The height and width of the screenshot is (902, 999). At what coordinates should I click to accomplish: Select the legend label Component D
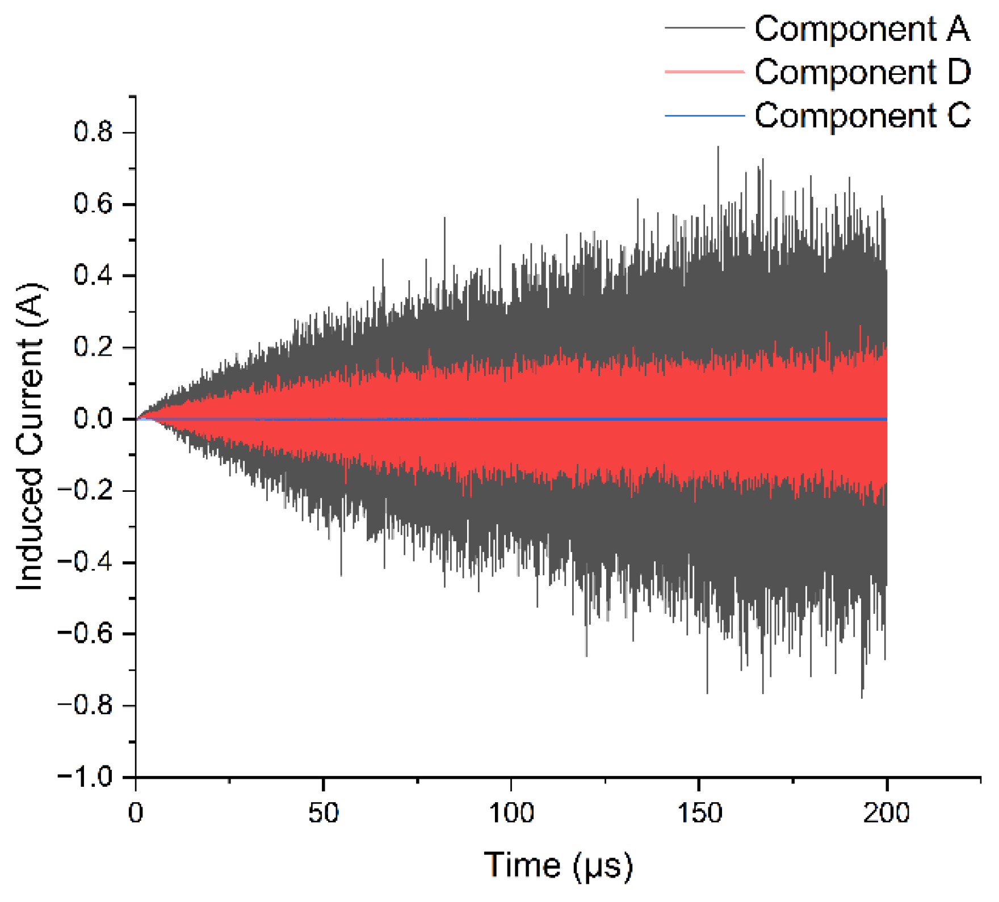click(x=862, y=72)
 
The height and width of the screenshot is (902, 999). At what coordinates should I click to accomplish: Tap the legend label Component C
click(x=862, y=116)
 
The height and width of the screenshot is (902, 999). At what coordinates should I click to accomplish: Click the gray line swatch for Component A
click(x=704, y=27)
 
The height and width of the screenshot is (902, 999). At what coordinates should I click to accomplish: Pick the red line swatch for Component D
click(x=704, y=71)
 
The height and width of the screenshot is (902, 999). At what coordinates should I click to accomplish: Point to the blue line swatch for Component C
click(x=704, y=116)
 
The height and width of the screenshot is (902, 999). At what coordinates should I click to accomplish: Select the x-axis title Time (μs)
click(x=558, y=866)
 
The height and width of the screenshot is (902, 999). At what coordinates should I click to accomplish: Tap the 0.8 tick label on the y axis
click(x=94, y=132)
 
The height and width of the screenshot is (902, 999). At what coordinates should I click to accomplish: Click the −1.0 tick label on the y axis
click(x=85, y=777)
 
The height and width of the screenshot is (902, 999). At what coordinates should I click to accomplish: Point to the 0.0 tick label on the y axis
click(x=94, y=419)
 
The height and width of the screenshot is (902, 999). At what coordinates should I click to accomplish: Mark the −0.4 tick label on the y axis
click(x=85, y=562)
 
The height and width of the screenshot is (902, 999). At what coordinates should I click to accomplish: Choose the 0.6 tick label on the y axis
click(x=94, y=204)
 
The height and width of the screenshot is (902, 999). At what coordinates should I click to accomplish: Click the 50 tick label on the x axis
click(x=324, y=813)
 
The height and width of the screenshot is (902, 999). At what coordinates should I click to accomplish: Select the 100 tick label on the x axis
click(x=511, y=813)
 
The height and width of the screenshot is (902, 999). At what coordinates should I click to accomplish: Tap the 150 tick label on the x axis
click(x=699, y=813)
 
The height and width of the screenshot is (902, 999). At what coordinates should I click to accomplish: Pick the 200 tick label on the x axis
click(x=886, y=813)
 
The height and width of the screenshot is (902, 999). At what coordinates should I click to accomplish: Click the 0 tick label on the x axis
click(x=136, y=813)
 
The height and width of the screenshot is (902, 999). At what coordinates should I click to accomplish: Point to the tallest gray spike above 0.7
click(x=718, y=147)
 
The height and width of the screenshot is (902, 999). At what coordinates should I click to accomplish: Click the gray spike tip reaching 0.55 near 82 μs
click(x=444, y=218)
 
